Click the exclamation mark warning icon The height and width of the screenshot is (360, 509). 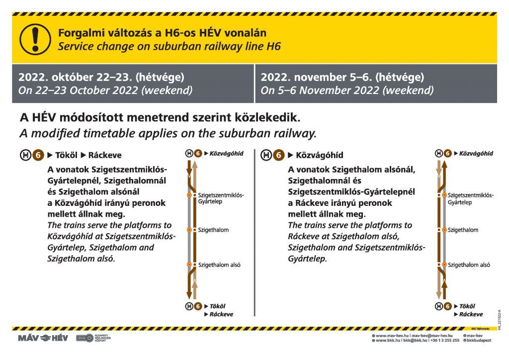coord(35,39)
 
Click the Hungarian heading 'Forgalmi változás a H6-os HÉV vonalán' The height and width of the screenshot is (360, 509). coord(162,33)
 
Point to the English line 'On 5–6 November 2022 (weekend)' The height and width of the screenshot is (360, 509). coord(347,90)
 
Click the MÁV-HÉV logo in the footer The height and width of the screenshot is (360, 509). coord(43,338)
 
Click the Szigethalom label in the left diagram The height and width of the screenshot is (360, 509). coord(213,230)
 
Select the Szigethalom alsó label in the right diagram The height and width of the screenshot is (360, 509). coord(469,265)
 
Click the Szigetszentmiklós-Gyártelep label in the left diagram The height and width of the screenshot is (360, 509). coord(221,198)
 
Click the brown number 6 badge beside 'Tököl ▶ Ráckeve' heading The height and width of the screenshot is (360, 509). coord(38,155)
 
